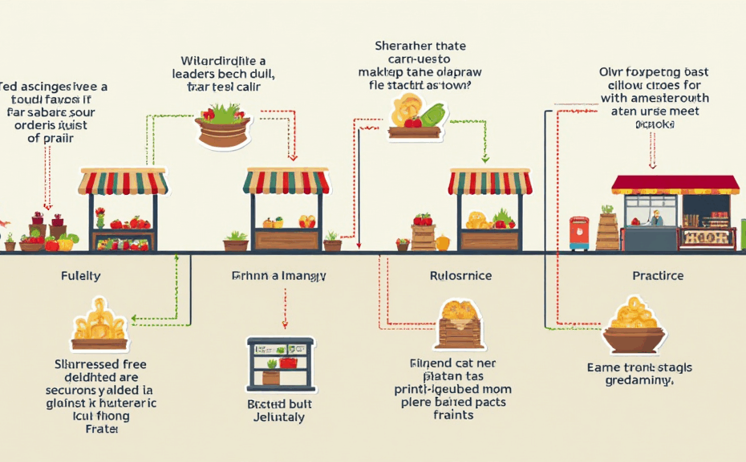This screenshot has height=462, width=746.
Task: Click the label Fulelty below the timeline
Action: coord(80,276)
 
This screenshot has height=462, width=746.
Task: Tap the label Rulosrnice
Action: coord(460,276)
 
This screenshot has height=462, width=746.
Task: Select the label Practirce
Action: coord(657,276)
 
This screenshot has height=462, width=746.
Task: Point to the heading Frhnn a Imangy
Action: coord(279,276)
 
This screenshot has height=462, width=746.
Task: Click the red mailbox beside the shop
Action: coord(578,232)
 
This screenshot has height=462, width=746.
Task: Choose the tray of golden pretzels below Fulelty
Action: coord(99,328)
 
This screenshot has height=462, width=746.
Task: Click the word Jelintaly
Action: coord(280,417)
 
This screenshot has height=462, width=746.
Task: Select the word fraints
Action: coord(453,415)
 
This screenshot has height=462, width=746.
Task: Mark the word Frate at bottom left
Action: coord(100,429)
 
